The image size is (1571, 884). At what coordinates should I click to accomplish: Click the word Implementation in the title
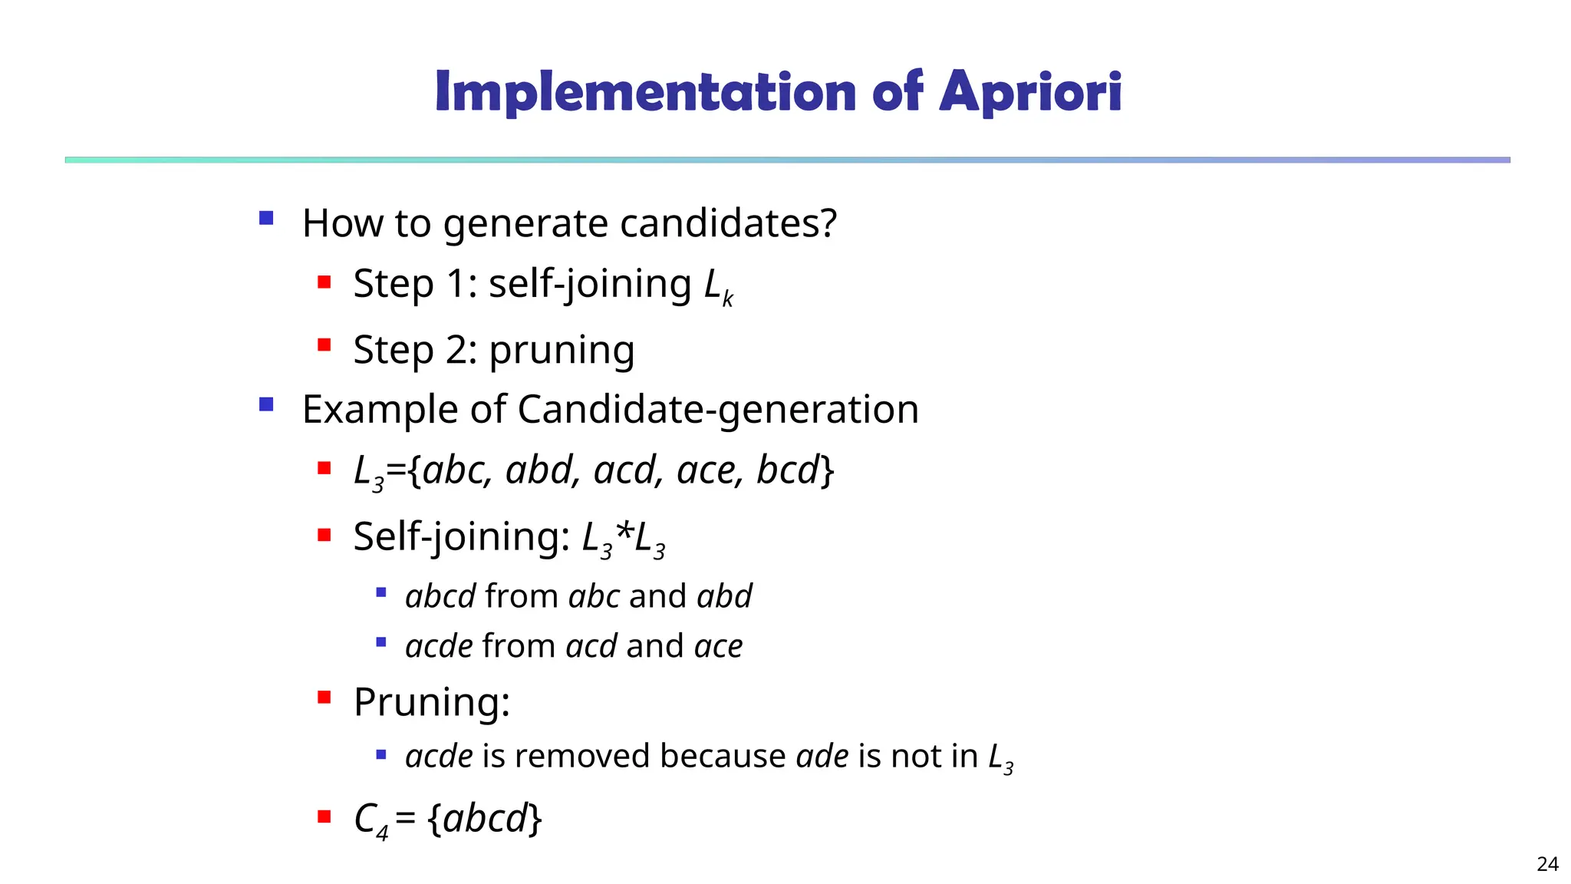tap(645, 92)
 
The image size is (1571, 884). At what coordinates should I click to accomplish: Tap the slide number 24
tap(1547, 864)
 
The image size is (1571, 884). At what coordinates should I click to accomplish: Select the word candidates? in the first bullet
tap(728, 223)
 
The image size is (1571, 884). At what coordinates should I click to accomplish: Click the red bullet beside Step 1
tap(324, 282)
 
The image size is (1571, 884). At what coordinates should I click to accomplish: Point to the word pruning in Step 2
tap(562, 351)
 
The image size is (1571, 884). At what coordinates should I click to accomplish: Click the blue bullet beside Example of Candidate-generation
tap(266, 404)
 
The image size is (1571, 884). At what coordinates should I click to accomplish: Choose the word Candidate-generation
tap(718, 409)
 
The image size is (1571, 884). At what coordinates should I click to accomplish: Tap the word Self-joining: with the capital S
tap(461, 536)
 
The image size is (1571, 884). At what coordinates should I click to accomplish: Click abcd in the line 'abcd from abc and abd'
tap(440, 596)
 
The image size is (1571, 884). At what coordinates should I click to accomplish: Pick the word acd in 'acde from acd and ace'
tap(591, 646)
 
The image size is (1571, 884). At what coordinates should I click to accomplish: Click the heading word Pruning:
tap(432, 701)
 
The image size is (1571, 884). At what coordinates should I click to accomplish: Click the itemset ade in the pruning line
tap(822, 756)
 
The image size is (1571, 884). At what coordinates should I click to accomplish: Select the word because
tap(722, 756)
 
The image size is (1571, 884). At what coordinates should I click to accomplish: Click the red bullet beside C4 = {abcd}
tap(324, 816)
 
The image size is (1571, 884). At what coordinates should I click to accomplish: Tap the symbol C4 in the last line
tap(371, 820)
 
